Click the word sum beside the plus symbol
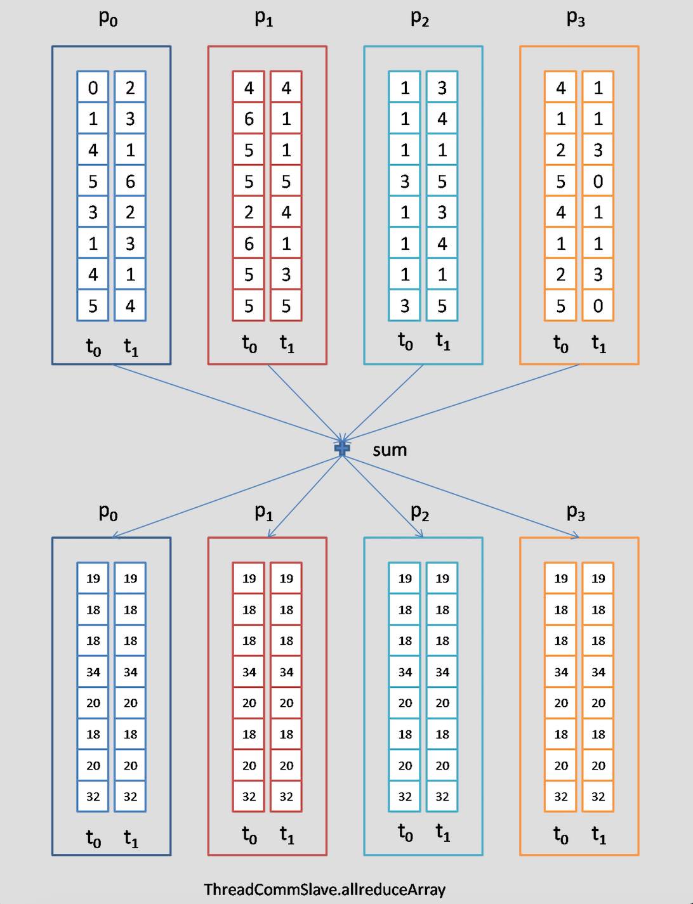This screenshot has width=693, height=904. coord(389,450)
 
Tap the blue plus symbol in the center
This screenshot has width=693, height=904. coord(342,448)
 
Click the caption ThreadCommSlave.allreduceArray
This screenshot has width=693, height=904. coord(324,889)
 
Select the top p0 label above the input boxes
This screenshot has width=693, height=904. coord(108,18)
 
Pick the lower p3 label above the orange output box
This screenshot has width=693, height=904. coord(576,512)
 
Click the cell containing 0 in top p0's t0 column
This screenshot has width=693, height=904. coord(93,87)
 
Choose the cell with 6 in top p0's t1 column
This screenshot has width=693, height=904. coord(130,181)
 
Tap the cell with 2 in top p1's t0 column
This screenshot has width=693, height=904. coord(249,212)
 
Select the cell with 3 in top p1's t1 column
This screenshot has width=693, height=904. coord(286,274)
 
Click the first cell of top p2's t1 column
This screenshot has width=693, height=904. coord(442,87)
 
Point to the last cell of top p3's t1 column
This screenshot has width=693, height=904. coord(598,306)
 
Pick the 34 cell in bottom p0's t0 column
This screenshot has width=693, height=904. coord(93,672)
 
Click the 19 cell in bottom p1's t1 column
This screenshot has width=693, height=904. coord(286,578)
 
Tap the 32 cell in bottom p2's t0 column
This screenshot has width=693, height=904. coord(405,797)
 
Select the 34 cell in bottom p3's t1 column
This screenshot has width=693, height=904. coord(598,672)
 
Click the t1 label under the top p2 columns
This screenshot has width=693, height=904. coord(443,342)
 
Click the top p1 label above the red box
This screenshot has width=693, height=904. coord(263,18)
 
